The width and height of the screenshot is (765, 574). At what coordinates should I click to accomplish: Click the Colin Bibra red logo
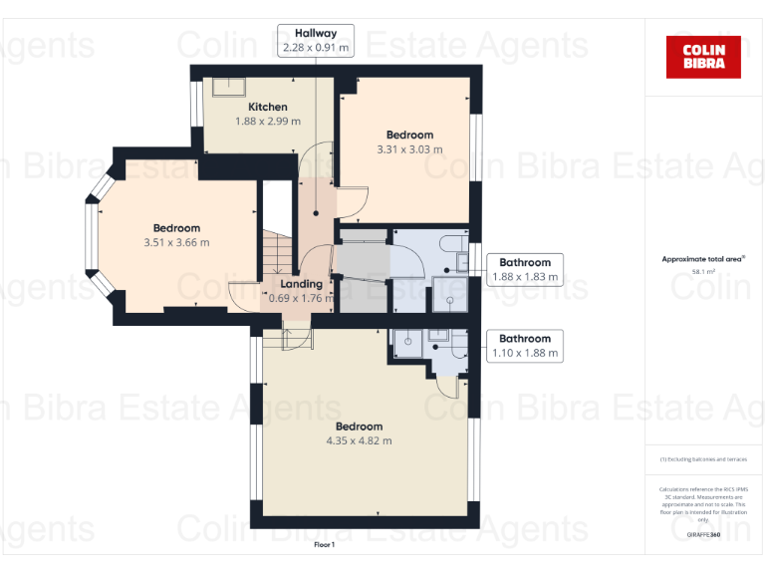[703, 57]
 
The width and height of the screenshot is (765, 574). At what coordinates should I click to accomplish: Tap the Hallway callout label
[315, 40]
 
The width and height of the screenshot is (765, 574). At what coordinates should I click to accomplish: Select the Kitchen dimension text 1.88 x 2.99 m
[268, 122]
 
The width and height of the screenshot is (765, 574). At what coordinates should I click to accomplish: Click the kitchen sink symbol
[221, 87]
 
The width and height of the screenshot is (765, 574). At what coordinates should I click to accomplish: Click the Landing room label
[301, 284]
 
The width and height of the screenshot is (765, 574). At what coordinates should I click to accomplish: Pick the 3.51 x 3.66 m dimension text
[176, 242]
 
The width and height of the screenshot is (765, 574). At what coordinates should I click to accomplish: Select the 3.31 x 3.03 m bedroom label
[409, 149]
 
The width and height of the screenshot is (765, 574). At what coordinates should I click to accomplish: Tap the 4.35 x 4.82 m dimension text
[359, 440]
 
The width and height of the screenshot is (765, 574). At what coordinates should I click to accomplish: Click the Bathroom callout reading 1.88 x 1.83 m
[525, 270]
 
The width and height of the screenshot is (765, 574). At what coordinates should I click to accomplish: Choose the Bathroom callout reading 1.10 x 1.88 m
[525, 346]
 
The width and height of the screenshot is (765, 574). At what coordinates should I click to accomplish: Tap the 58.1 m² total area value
[703, 270]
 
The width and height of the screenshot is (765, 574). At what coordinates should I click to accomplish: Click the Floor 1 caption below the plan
[325, 545]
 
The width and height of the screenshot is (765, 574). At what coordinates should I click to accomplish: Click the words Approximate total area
[702, 258]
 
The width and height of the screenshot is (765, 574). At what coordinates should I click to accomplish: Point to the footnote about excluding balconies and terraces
[703, 459]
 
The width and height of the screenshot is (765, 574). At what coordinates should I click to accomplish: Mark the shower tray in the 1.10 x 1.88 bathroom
[406, 341]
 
